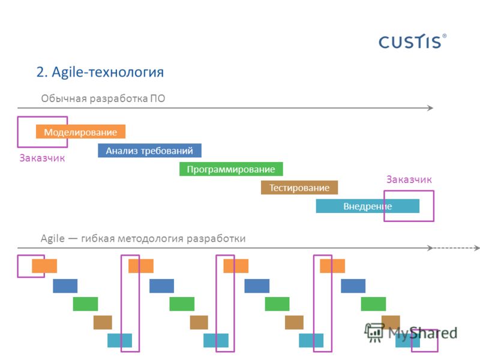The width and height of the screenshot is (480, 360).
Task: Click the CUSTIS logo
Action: pos(412,41)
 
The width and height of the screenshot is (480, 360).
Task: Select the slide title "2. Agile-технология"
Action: pos(100,73)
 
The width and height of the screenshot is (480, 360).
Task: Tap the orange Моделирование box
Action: pos(80,131)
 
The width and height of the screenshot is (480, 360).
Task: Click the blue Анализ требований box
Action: pos(149,151)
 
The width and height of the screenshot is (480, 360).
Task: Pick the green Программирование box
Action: pos(231,169)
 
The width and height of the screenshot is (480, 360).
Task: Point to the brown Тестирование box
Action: pos(299,187)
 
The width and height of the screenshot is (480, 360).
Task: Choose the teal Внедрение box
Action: pos(368,206)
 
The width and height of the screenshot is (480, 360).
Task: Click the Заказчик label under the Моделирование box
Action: pos(42,158)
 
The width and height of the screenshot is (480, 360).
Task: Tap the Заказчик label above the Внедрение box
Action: pos(409,179)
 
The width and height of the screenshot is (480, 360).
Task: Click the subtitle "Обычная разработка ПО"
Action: pos(103,98)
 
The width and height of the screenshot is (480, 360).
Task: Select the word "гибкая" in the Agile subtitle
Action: pos(97,238)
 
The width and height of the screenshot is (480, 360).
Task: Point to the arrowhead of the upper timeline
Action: pos(431,108)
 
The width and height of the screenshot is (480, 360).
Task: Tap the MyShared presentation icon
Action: pos(374,332)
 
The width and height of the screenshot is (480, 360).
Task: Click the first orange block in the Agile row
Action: pos(44,266)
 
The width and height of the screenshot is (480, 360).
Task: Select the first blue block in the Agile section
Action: pos(65,286)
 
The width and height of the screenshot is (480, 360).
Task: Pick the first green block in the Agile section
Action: pos(85,304)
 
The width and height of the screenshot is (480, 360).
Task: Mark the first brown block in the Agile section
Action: pos(103,322)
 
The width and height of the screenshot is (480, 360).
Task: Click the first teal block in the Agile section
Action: pos(119,340)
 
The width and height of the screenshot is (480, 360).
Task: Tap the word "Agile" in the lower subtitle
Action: pos(53,238)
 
